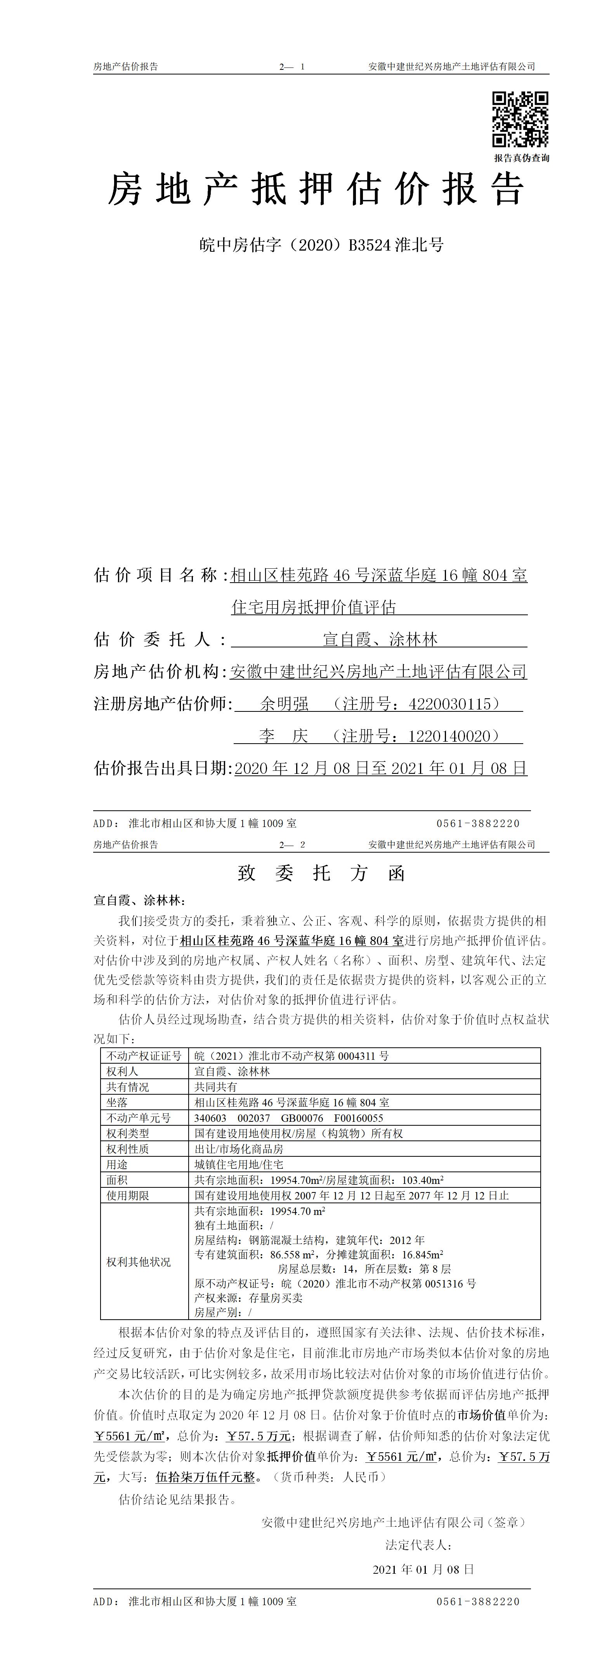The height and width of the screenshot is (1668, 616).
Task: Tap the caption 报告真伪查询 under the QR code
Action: [x=521, y=158]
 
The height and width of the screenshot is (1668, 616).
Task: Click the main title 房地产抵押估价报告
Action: [x=316, y=190]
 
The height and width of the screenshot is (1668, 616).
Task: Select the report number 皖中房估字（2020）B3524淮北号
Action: [x=321, y=245]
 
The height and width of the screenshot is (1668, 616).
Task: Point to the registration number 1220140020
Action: [x=453, y=736]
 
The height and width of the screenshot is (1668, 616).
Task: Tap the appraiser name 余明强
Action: [x=285, y=704]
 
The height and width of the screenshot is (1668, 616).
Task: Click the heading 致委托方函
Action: [x=321, y=874]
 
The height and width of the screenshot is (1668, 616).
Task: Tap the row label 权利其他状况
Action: [x=139, y=1262]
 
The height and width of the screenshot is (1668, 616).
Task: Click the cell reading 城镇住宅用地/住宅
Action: [x=238, y=1164]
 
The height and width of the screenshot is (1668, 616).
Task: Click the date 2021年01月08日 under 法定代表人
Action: [x=423, y=1569]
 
